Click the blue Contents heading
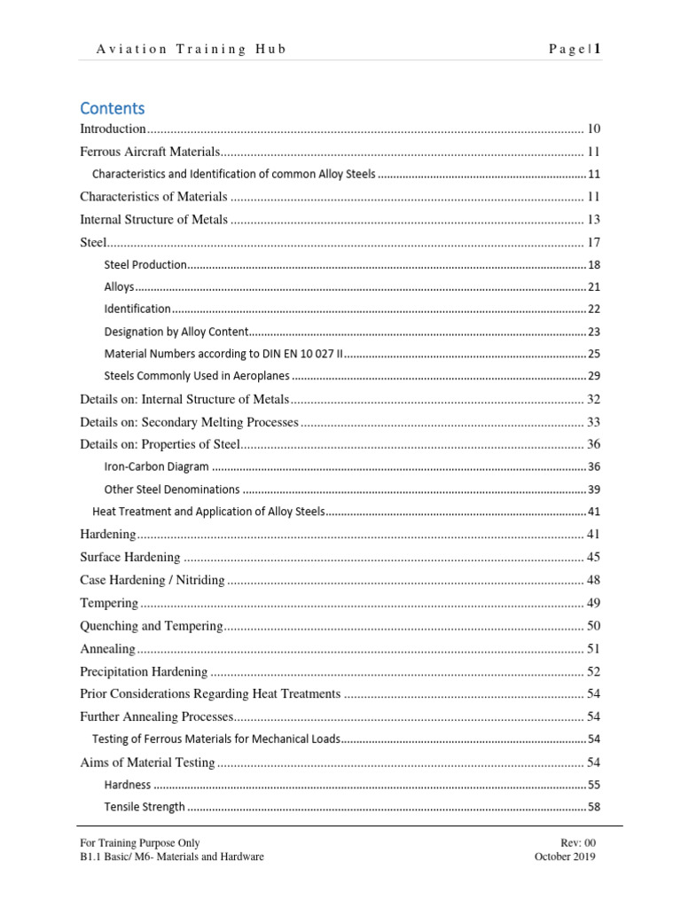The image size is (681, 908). point(112,108)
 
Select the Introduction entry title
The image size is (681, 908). point(113,129)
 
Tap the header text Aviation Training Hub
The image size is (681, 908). point(192,50)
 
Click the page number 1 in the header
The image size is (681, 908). point(598,50)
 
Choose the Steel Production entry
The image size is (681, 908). point(145,264)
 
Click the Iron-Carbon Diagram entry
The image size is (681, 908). point(157,466)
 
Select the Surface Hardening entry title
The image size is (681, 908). point(130,558)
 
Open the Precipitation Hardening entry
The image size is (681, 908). point(144,672)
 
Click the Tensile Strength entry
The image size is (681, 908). point(145,807)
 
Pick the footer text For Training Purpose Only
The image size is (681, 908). point(140,843)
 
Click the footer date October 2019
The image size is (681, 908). point(565,857)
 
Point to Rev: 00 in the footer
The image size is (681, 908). point(578,843)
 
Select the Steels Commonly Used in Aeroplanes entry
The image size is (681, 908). point(197,376)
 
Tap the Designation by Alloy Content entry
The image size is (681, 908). point(173,332)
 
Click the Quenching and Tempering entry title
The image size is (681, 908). point(151,626)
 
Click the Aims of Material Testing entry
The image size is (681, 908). point(147,763)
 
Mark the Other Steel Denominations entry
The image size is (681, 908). point(172,489)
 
